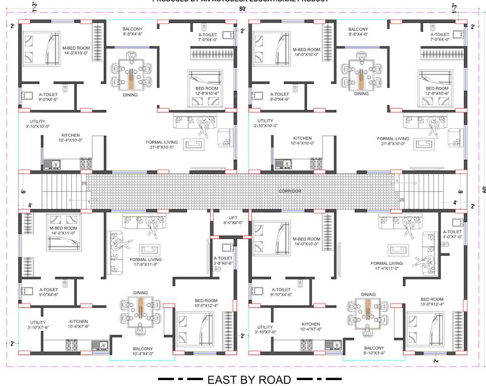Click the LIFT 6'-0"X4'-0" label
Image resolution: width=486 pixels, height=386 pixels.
pos(233,219)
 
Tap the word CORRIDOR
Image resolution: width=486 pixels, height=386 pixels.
pos(289,191)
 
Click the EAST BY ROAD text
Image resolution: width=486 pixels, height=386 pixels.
pos(249,379)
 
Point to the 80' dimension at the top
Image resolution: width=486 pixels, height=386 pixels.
pos(243,9)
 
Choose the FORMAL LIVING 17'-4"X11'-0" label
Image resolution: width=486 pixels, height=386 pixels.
pos(386,265)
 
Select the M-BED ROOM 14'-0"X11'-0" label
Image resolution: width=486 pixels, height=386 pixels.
pos(63,231)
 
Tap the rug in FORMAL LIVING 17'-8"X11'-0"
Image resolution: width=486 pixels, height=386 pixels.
pos(150,250)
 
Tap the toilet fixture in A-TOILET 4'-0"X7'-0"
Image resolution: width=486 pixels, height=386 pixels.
pos(445,244)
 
